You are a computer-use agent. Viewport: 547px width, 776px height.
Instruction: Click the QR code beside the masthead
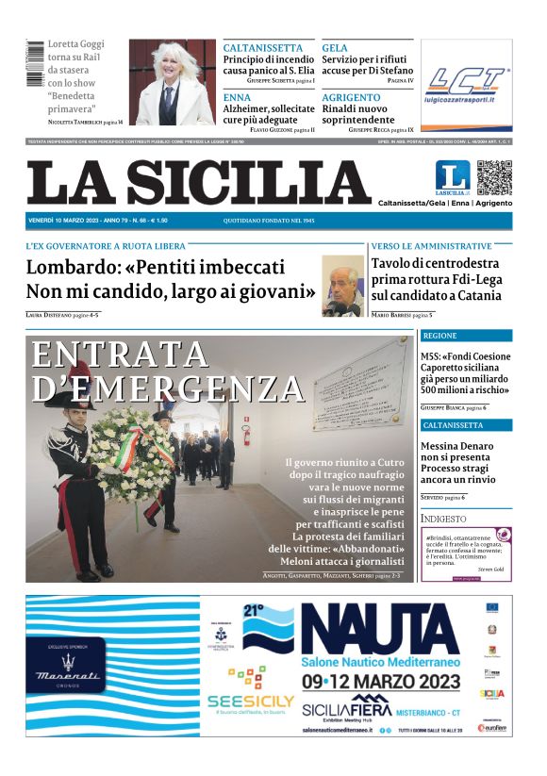pyautogui.click(x=494, y=177)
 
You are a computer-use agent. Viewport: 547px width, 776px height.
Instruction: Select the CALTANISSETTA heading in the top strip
pyautogui.click(x=263, y=48)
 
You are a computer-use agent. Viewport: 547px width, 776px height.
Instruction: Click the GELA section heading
pyautogui.click(x=335, y=48)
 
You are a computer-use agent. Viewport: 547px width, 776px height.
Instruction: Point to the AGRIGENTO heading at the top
pyautogui.click(x=353, y=97)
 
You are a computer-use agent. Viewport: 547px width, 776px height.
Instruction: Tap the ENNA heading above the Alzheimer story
pyautogui.click(x=237, y=97)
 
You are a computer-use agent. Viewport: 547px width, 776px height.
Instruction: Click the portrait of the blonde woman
pyautogui.click(x=172, y=82)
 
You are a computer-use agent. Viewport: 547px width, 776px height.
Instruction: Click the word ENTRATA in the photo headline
pyautogui.click(x=120, y=354)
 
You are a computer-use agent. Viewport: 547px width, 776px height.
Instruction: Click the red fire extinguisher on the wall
pyautogui.click(x=246, y=435)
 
